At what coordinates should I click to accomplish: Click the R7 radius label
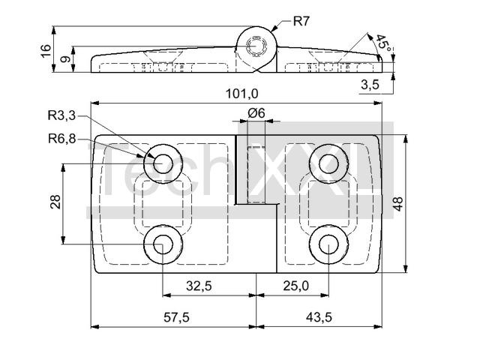pyautogui.click(x=301, y=21)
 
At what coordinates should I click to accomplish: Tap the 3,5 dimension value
pyautogui.click(x=369, y=84)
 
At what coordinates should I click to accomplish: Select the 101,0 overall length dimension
pyautogui.click(x=241, y=93)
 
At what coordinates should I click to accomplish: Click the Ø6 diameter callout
pyautogui.click(x=256, y=113)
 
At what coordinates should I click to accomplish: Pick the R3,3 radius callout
pyautogui.click(x=61, y=115)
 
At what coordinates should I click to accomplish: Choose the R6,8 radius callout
pyautogui.click(x=61, y=138)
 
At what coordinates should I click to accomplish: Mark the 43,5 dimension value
pyautogui.click(x=319, y=317)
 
